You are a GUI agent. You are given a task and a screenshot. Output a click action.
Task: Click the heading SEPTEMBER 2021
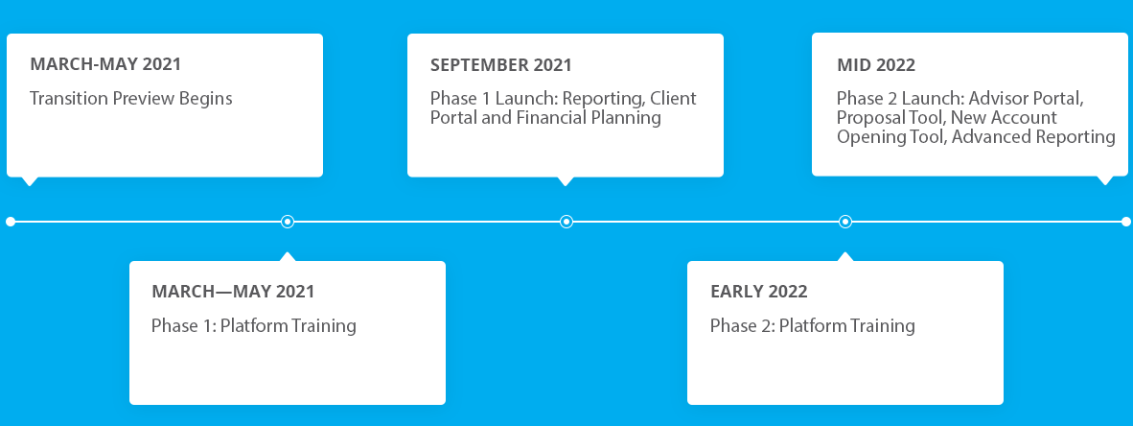tap(500, 65)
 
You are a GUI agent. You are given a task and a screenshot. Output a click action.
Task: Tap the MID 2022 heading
tap(876, 65)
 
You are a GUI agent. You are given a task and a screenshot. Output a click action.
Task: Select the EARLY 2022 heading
tap(759, 292)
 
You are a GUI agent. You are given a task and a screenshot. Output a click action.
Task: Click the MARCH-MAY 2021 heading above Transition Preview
tap(105, 63)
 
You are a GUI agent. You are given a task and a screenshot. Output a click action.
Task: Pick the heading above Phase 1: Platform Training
tap(233, 292)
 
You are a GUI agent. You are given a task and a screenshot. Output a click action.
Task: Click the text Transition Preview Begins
tap(130, 98)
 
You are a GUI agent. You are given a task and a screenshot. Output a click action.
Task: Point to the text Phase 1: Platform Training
tap(254, 325)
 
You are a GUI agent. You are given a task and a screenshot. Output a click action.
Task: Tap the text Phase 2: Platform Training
tap(812, 325)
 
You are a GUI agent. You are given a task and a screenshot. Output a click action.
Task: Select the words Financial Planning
tap(589, 117)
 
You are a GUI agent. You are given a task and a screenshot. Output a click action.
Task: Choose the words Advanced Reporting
tap(1033, 136)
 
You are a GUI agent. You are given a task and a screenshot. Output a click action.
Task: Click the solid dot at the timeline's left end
tap(11, 222)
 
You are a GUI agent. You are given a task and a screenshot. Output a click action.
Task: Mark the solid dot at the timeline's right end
tap(1125, 222)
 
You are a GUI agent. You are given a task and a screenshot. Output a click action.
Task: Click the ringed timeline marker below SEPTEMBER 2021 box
tap(566, 222)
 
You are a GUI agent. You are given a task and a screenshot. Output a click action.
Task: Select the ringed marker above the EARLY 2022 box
tap(844, 222)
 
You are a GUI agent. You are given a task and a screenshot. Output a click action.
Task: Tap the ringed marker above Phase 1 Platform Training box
tap(288, 222)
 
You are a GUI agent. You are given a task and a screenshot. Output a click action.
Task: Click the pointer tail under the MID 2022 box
tap(1104, 180)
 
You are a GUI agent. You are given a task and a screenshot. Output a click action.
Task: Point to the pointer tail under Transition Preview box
tap(29, 180)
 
